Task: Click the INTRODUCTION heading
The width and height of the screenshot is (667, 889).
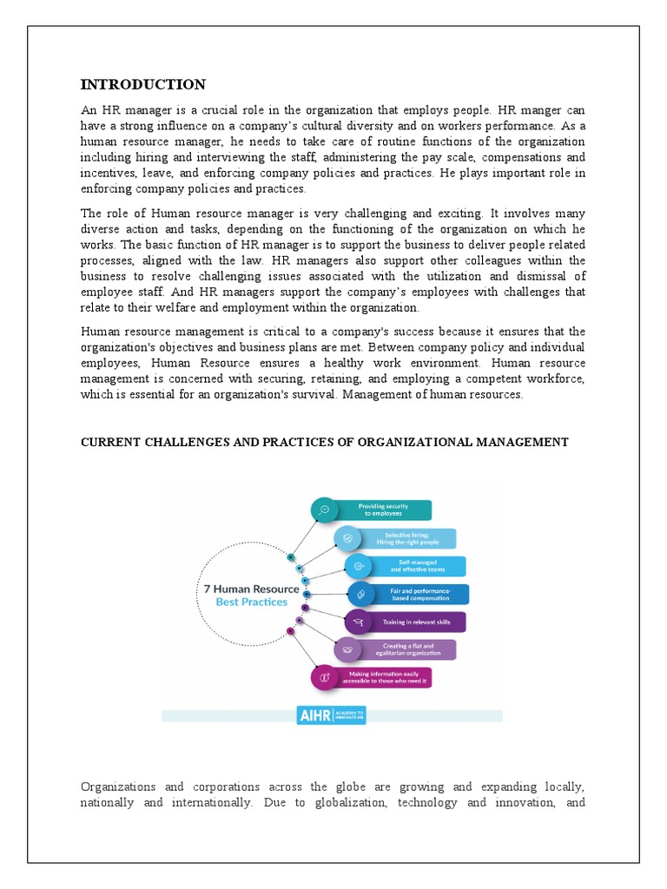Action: (x=143, y=84)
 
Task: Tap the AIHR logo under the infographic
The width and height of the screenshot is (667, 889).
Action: (x=332, y=716)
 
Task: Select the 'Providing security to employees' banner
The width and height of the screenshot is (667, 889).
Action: (x=383, y=510)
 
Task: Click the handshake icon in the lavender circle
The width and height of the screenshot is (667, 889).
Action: (x=347, y=649)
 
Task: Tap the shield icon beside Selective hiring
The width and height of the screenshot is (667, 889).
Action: (x=347, y=538)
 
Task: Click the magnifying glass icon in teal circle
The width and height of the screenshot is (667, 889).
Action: (x=323, y=510)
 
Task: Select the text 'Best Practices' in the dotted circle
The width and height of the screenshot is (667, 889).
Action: (x=252, y=602)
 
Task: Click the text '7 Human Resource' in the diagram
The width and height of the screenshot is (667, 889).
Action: (x=251, y=589)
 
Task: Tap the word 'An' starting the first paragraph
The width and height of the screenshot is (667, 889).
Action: (x=89, y=110)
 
